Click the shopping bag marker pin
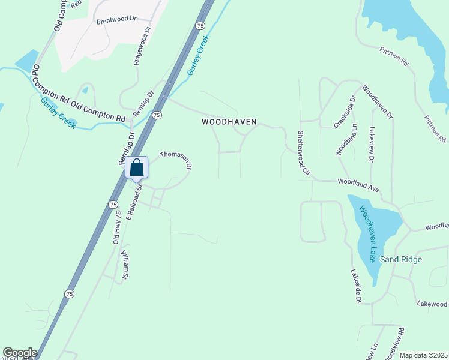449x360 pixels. [x=137, y=167]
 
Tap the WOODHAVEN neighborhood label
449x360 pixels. [x=229, y=122]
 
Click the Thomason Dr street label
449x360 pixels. [x=176, y=159]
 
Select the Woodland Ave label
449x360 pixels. [x=358, y=184]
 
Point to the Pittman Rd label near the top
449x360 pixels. [x=393, y=57]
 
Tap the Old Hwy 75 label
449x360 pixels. [x=118, y=227]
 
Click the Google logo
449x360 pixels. [x=20, y=353]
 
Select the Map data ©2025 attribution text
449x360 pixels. [x=423, y=355]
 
